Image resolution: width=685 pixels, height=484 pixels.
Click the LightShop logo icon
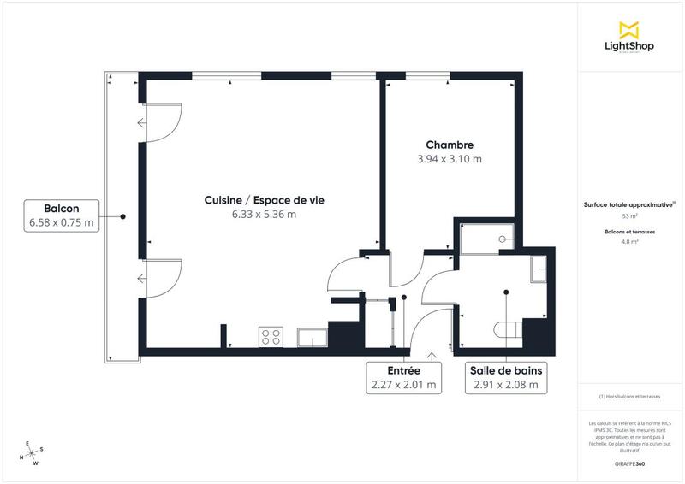[629, 31]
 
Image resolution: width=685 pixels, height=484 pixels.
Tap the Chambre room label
[449, 145]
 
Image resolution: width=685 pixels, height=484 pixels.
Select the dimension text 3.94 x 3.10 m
[449, 159]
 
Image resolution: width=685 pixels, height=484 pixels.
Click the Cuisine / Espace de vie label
[264, 199]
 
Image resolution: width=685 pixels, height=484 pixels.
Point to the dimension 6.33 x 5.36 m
[264, 214]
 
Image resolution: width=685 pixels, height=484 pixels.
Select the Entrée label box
[402, 378]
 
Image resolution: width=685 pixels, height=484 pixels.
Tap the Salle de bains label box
[505, 378]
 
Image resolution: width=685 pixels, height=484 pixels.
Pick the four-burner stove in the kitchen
[271, 337]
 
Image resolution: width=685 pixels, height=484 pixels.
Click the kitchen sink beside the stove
[309, 338]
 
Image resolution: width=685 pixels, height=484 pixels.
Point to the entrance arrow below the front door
[432, 355]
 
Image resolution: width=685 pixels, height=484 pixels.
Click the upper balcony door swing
[162, 124]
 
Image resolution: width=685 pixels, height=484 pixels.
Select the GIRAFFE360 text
[628, 463]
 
